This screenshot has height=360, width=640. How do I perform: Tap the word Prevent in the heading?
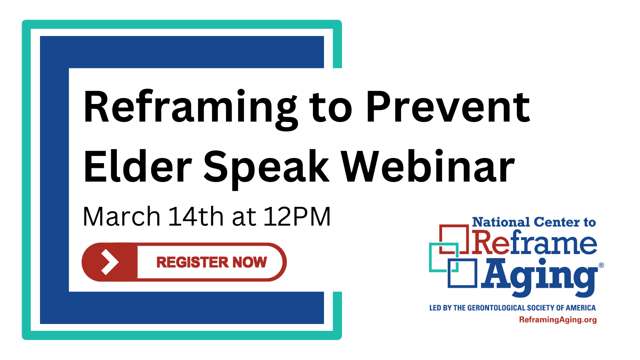[448, 107]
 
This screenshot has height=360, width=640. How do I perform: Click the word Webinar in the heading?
[428, 167]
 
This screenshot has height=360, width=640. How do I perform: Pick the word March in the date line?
[122, 217]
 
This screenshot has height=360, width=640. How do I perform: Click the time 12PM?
[297, 217]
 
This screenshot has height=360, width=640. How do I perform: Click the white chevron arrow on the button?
[109, 262]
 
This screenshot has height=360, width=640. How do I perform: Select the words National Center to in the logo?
[534, 222]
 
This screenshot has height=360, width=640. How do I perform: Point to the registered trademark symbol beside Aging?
[601, 265]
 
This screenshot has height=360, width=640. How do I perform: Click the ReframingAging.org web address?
[558, 320]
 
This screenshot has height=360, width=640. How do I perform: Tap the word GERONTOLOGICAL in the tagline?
[496, 308]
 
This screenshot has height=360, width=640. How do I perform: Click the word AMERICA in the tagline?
[580, 308]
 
